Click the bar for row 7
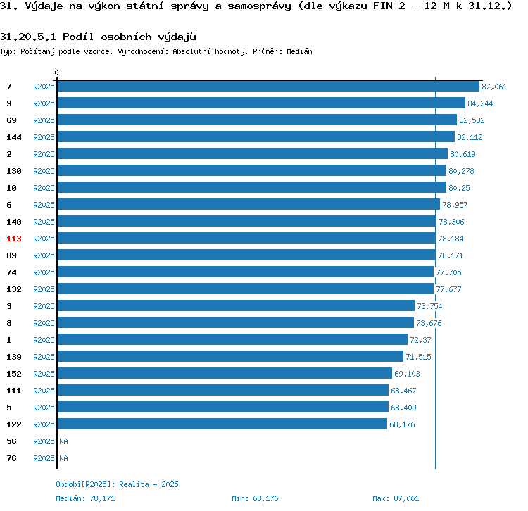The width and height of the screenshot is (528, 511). click(x=268, y=87)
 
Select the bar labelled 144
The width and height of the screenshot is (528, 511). click(x=256, y=137)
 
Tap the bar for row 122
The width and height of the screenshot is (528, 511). click(x=222, y=424)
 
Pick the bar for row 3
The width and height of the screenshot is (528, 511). click(x=236, y=306)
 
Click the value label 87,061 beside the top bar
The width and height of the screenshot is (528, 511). click(x=494, y=87)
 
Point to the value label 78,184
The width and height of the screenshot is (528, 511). click(x=451, y=239)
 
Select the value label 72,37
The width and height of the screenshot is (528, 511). click(x=420, y=340)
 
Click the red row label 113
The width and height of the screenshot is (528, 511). click(x=14, y=239)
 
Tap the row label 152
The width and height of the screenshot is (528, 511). click(x=14, y=374)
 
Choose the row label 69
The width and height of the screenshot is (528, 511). click(x=12, y=120)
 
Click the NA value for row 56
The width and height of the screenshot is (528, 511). click(x=63, y=441)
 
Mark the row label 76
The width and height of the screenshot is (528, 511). click(x=12, y=458)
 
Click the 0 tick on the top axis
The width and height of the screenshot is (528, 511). click(x=57, y=72)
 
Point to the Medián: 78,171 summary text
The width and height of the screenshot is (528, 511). click(x=85, y=498)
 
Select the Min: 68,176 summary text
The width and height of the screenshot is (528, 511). click(x=255, y=498)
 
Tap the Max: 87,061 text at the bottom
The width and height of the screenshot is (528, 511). click(x=396, y=498)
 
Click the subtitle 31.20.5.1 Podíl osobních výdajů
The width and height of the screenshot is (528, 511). click(x=98, y=36)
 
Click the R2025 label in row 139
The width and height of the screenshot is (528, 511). click(x=44, y=357)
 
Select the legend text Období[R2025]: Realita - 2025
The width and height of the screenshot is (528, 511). click(x=117, y=484)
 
